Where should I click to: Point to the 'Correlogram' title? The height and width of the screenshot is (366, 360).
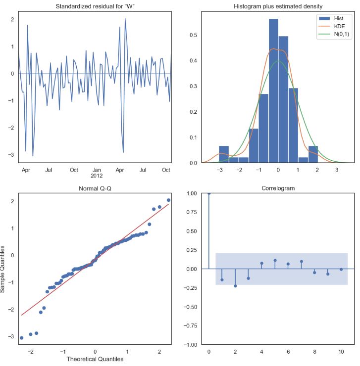pyautogui.click(x=278, y=188)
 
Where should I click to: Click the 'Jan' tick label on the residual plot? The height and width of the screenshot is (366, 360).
pyautogui.click(x=97, y=170)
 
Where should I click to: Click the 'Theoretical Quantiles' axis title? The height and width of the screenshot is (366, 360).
pyautogui.click(x=95, y=359)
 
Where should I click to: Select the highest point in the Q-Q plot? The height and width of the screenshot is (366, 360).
pyautogui.click(x=168, y=200)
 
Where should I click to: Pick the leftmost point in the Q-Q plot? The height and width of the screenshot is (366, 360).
pyautogui.click(x=21, y=338)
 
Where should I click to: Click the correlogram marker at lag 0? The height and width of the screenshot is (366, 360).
pyautogui.click(x=209, y=193)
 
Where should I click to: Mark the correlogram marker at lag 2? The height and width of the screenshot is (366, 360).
pyautogui.click(x=235, y=286)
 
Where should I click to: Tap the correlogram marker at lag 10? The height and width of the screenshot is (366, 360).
pyautogui.click(x=341, y=269)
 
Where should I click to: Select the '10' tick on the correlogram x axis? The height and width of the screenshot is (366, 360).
pyautogui.click(x=341, y=353)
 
